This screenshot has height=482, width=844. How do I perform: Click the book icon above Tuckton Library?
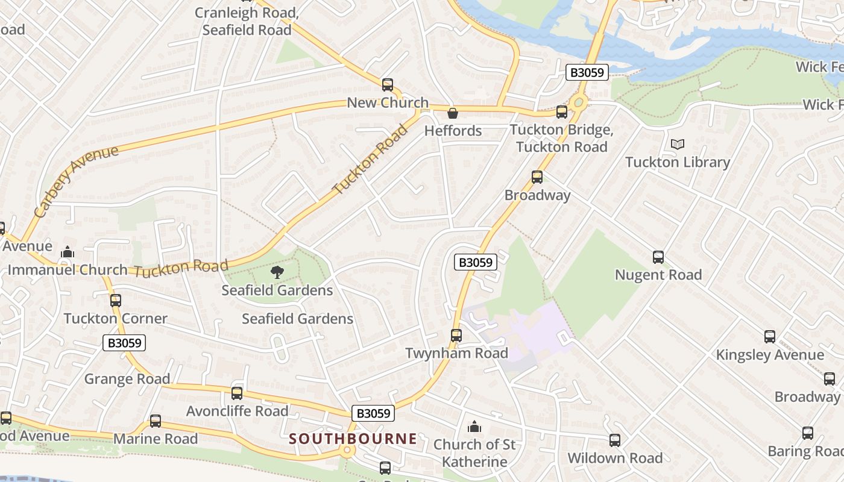point(678,144)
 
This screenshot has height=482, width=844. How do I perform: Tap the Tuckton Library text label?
point(678,162)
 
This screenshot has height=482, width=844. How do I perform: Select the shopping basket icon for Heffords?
point(452,113)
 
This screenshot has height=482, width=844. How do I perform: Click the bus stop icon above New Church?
point(388,85)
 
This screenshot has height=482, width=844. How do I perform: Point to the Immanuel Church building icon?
point(68,252)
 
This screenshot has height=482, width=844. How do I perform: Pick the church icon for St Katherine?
point(474,427)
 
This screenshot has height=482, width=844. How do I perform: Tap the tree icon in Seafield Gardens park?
point(277,272)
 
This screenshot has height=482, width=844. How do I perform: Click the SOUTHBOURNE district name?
point(353,439)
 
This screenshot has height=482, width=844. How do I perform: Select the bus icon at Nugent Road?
point(658,257)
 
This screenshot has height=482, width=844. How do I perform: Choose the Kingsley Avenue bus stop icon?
point(770,337)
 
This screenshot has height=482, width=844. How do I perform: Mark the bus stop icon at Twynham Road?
point(456,336)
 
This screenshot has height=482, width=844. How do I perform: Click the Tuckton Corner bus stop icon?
point(116,301)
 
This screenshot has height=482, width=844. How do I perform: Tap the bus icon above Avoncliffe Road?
point(237,393)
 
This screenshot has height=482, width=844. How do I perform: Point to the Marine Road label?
point(156,439)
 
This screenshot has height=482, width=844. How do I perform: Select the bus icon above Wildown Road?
point(615,440)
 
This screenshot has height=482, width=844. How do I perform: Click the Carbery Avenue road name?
point(76,181)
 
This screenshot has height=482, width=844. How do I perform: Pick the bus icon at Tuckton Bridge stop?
point(561,111)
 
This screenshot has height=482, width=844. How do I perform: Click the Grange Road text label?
point(127,379)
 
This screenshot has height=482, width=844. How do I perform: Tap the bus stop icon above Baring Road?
point(808,433)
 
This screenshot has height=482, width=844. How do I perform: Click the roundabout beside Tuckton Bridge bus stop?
point(579,102)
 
